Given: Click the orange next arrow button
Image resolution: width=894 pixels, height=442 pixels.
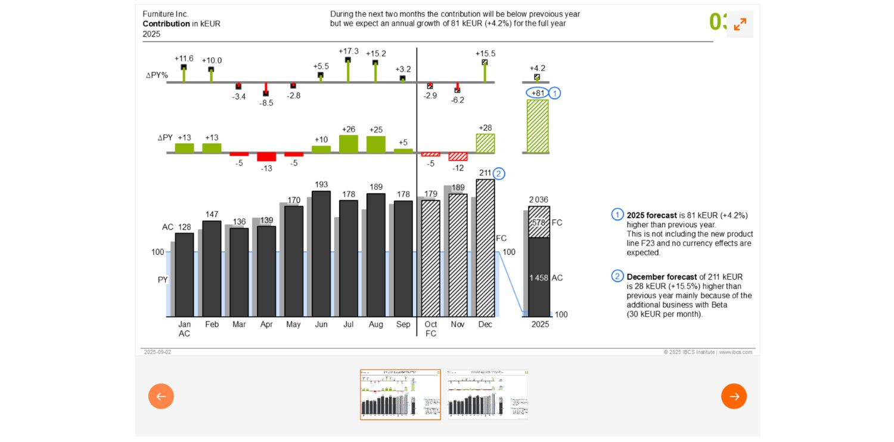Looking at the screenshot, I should click(x=734, y=396).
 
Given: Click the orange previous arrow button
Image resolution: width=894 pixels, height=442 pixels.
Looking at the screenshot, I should click(x=161, y=396).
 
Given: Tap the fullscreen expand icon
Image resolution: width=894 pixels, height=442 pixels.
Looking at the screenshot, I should click(x=740, y=24).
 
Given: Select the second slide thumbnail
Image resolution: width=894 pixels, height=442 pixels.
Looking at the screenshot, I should click(x=488, y=394).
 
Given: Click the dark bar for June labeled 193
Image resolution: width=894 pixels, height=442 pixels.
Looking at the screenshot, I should click(x=321, y=254).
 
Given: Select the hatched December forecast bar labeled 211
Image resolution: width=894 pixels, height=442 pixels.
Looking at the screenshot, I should click(x=485, y=248).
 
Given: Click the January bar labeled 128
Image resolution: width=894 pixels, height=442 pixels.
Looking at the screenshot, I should click(x=184, y=274).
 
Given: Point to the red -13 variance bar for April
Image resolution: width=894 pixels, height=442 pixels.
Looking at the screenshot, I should click(x=266, y=157).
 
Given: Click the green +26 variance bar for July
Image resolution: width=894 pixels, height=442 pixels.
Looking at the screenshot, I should click(x=349, y=144).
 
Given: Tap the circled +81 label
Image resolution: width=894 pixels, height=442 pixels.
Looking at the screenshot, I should click(x=538, y=93).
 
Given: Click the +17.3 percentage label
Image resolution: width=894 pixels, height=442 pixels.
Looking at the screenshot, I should click(x=349, y=51).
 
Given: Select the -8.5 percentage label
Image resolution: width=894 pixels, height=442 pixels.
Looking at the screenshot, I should click(x=266, y=103).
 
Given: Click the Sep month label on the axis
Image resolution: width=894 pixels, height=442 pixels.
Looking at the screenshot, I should click(x=403, y=324).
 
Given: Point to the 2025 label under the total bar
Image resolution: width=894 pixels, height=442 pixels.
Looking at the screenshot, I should click(x=540, y=324).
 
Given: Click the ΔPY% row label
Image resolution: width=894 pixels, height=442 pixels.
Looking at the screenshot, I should click(x=157, y=75).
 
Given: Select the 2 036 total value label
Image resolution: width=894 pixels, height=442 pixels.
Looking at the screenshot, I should click(x=538, y=200).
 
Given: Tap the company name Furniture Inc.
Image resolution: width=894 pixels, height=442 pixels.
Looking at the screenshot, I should click(x=165, y=14).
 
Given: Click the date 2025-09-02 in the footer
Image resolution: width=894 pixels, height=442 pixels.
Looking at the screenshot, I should click(x=157, y=352).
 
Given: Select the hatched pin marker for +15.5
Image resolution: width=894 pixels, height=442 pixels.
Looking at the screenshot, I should click(x=485, y=62).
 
